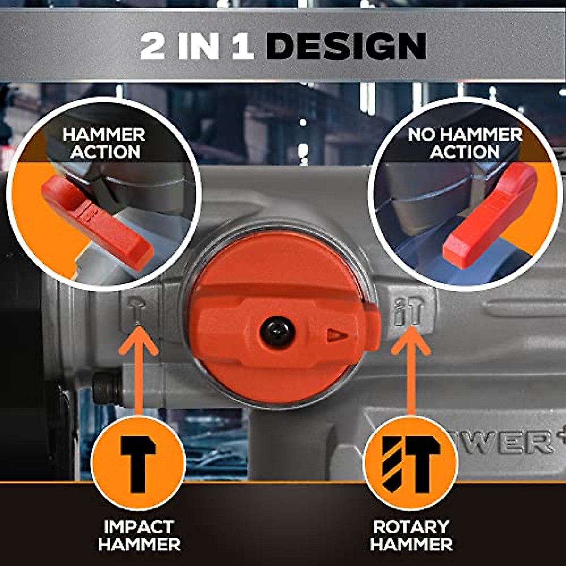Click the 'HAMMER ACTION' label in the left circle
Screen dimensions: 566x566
[104, 143]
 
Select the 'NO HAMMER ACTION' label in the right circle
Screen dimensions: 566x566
[465, 143]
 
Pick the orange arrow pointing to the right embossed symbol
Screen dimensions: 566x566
[410, 373]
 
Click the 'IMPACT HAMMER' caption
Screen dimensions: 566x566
[139, 535]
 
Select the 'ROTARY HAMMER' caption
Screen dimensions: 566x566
[411, 535]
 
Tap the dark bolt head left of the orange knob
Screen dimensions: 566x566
[106, 388]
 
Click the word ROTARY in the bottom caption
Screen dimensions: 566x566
[411, 526]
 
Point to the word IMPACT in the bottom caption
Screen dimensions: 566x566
[139, 526]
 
